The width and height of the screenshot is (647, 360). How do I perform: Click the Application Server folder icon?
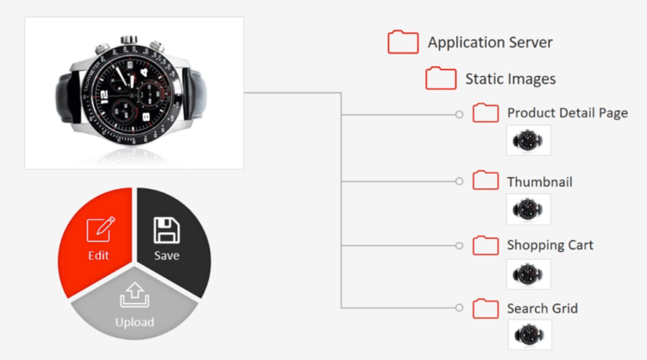pyautogui.click(x=403, y=41)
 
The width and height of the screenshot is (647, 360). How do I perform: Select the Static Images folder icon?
pyautogui.click(x=441, y=78)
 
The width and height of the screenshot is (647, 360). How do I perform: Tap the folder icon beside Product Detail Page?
pyautogui.click(x=486, y=113)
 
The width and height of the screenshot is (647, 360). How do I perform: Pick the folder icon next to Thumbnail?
pyautogui.click(x=486, y=180)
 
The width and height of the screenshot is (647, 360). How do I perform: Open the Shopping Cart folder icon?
pyautogui.click(x=486, y=245)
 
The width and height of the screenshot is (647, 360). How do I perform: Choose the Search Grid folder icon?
pyautogui.click(x=486, y=308)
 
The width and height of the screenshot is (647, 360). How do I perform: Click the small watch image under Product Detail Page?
pyautogui.click(x=528, y=141)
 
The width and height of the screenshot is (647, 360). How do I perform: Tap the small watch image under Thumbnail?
pyautogui.click(x=528, y=209)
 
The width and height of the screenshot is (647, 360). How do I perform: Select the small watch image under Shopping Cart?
pyautogui.click(x=528, y=275)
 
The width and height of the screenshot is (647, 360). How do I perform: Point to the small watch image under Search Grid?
pyautogui.click(x=530, y=334)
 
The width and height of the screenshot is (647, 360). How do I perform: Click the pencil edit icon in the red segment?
pyautogui.click(x=101, y=229)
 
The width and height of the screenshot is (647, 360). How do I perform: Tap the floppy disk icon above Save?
pyautogui.click(x=166, y=230)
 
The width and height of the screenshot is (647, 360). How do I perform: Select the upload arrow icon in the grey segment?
pyautogui.click(x=135, y=294)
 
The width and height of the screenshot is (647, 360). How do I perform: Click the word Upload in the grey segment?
pyautogui.click(x=135, y=322)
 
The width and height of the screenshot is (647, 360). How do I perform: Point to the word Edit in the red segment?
pyautogui.click(x=98, y=256)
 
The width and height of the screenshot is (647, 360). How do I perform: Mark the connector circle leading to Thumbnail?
pyautogui.click(x=459, y=181)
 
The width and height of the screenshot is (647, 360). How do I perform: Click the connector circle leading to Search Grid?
pyautogui.click(x=459, y=307)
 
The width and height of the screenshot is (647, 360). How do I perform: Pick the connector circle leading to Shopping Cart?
pyautogui.click(x=459, y=246)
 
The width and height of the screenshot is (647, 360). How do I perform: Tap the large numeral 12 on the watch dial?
pyautogui.click(x=104, y=96)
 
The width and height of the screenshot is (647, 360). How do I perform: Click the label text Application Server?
pyautogui.click(x=490, y=42)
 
